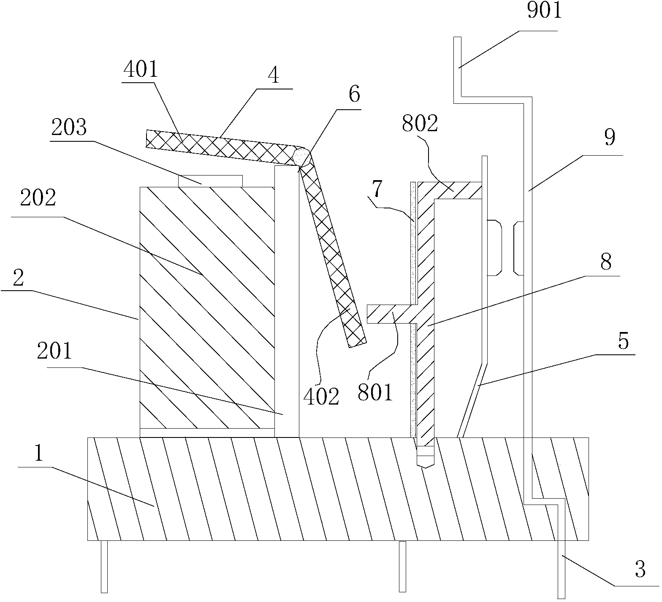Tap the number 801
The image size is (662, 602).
[375, 391]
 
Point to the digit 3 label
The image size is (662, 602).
[640, 571]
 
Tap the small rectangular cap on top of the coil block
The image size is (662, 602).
[210, 181]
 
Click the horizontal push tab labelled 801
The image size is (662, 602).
[390, 314]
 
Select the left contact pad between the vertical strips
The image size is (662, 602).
[494, 247]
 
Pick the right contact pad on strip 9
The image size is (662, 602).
[518, 248]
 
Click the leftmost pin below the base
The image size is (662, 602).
[104, 566]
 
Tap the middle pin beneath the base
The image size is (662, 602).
[402, 566]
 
